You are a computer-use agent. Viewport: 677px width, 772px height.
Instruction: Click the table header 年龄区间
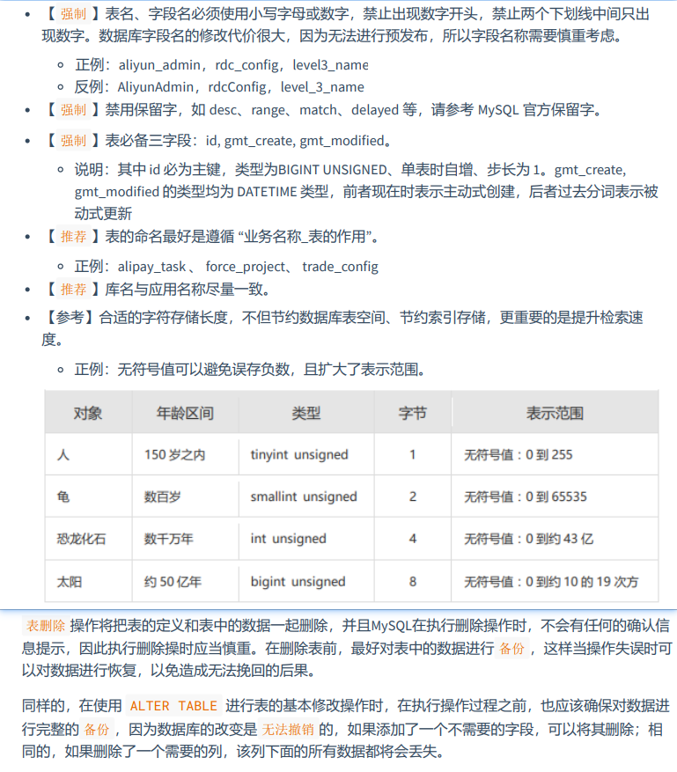185,413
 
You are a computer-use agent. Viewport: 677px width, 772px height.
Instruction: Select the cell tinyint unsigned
298,455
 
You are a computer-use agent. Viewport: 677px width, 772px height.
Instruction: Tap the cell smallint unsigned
303,496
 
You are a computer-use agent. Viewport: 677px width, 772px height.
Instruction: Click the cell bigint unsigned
298,582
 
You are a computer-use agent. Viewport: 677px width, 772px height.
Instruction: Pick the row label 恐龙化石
81,539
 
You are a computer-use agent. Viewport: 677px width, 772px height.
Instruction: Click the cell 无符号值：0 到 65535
526,496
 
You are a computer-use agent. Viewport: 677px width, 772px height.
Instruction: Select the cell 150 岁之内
174,455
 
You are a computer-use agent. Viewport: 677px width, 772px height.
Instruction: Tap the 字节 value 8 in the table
413,582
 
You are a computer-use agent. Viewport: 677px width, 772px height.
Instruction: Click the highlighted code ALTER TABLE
172,706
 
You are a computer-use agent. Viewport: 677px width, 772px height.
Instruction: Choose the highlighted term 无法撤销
284,729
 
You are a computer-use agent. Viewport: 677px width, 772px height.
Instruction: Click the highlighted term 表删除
46,626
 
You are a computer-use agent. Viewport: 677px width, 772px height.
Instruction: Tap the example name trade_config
340,266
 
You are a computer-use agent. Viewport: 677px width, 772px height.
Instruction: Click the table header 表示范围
555,413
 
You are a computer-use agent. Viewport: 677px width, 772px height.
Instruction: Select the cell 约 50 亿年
173,582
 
